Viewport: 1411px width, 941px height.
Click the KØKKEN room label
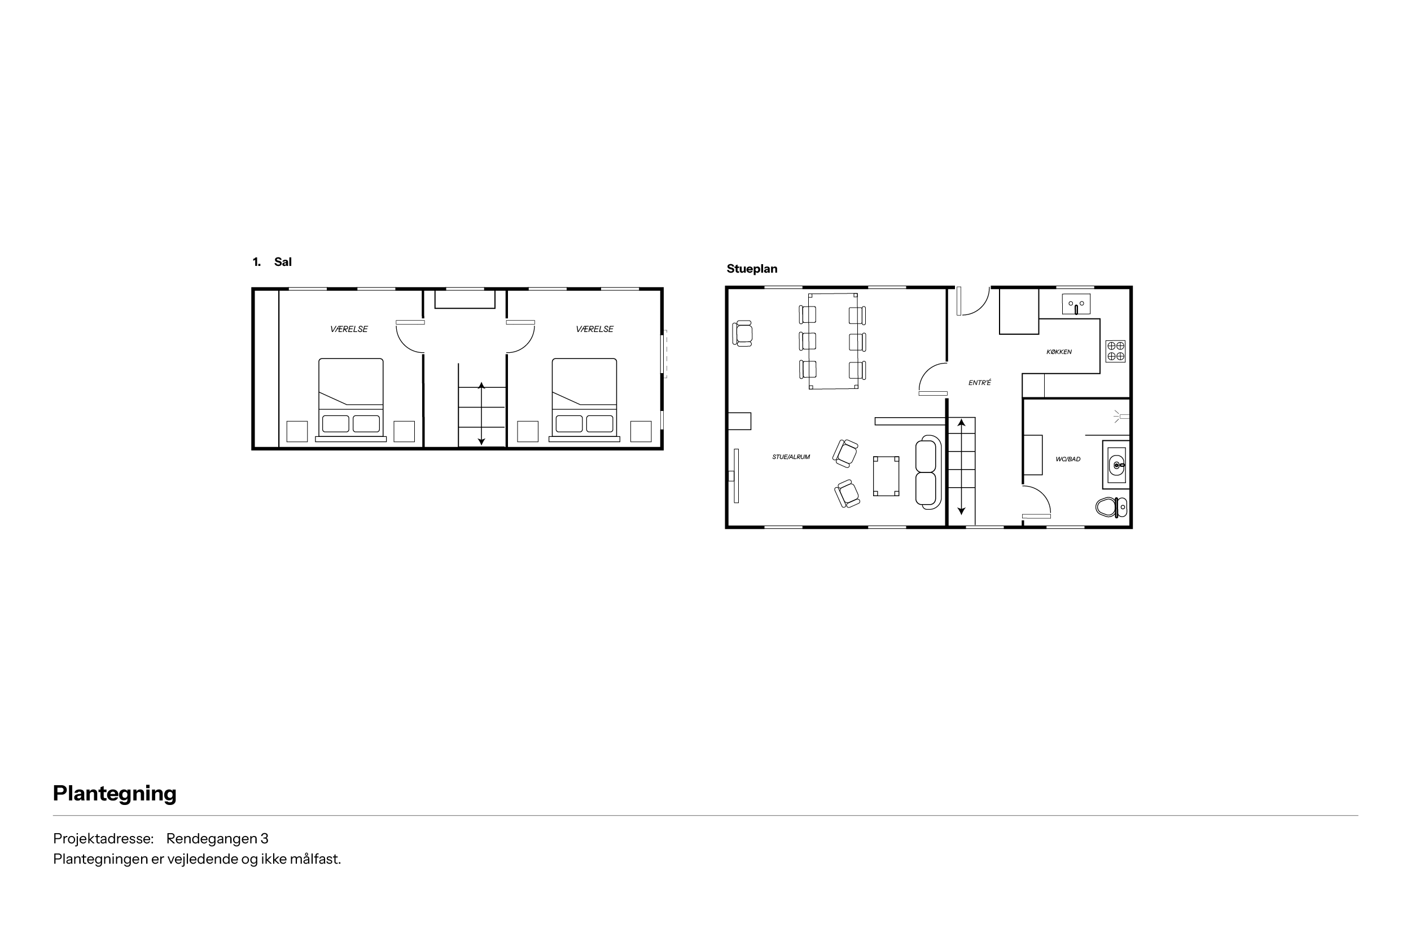(1059, 352)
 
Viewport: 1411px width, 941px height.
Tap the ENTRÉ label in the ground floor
(980, 382)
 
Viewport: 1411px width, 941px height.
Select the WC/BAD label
(1068, 459)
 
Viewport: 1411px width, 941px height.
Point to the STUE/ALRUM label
(791, 457)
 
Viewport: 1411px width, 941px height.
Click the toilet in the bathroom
(1111, 507)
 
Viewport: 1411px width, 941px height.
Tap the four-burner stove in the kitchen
(1115, 351)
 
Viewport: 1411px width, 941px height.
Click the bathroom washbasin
(1116, 465)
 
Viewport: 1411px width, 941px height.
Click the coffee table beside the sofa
(886, 476)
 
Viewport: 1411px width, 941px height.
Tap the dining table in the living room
(832, 341)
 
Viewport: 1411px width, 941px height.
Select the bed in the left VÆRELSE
(351, 400)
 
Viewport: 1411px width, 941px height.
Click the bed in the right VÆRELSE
(584, 400)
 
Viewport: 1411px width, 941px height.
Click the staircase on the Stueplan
(961, 471)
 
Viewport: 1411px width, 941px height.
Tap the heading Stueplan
(752, 269)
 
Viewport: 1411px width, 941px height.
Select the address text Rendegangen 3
(217, 838)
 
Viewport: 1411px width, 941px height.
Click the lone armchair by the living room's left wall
(743, 333)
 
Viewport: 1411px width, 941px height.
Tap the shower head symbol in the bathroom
(1121, 416)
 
